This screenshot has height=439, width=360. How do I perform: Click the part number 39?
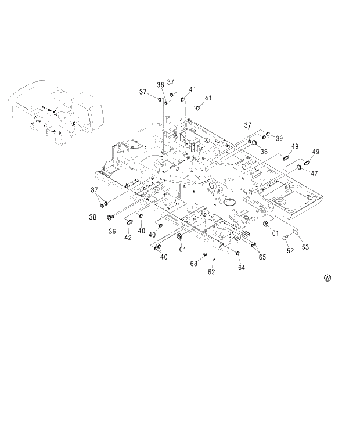pyautogui.click(x=279, y=138)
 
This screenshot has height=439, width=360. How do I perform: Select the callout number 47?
pyautogui.click(x=314, y=173)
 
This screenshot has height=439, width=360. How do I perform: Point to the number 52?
pyautogui.click(x=290, y=250)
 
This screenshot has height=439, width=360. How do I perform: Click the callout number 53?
pyautogui.click(x=305, y=247)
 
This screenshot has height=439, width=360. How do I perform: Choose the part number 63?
pyautogui.click(x=194, y=264)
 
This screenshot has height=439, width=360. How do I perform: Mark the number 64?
pyautogui.click(x=241, y=268)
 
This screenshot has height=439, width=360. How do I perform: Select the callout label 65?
pyautogui.click(x=262, y=257)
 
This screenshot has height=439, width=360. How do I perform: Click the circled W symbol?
pyautogui.click(x=327, y=278)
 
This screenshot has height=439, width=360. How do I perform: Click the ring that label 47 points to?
pyautogui.click(x=300, y=167)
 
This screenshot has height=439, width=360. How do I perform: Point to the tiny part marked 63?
pyautogui.click(x=205, y=254)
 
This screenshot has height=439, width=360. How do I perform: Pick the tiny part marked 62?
pyautogui.click(x=214, y=260)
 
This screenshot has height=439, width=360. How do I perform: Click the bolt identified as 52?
pyautogui.click(x=285, y=236)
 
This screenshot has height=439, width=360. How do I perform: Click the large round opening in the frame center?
pyautogui.click(x=229, y=201)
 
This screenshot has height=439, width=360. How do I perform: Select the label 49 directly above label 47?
pyautogui.click(x=315, y=152)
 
